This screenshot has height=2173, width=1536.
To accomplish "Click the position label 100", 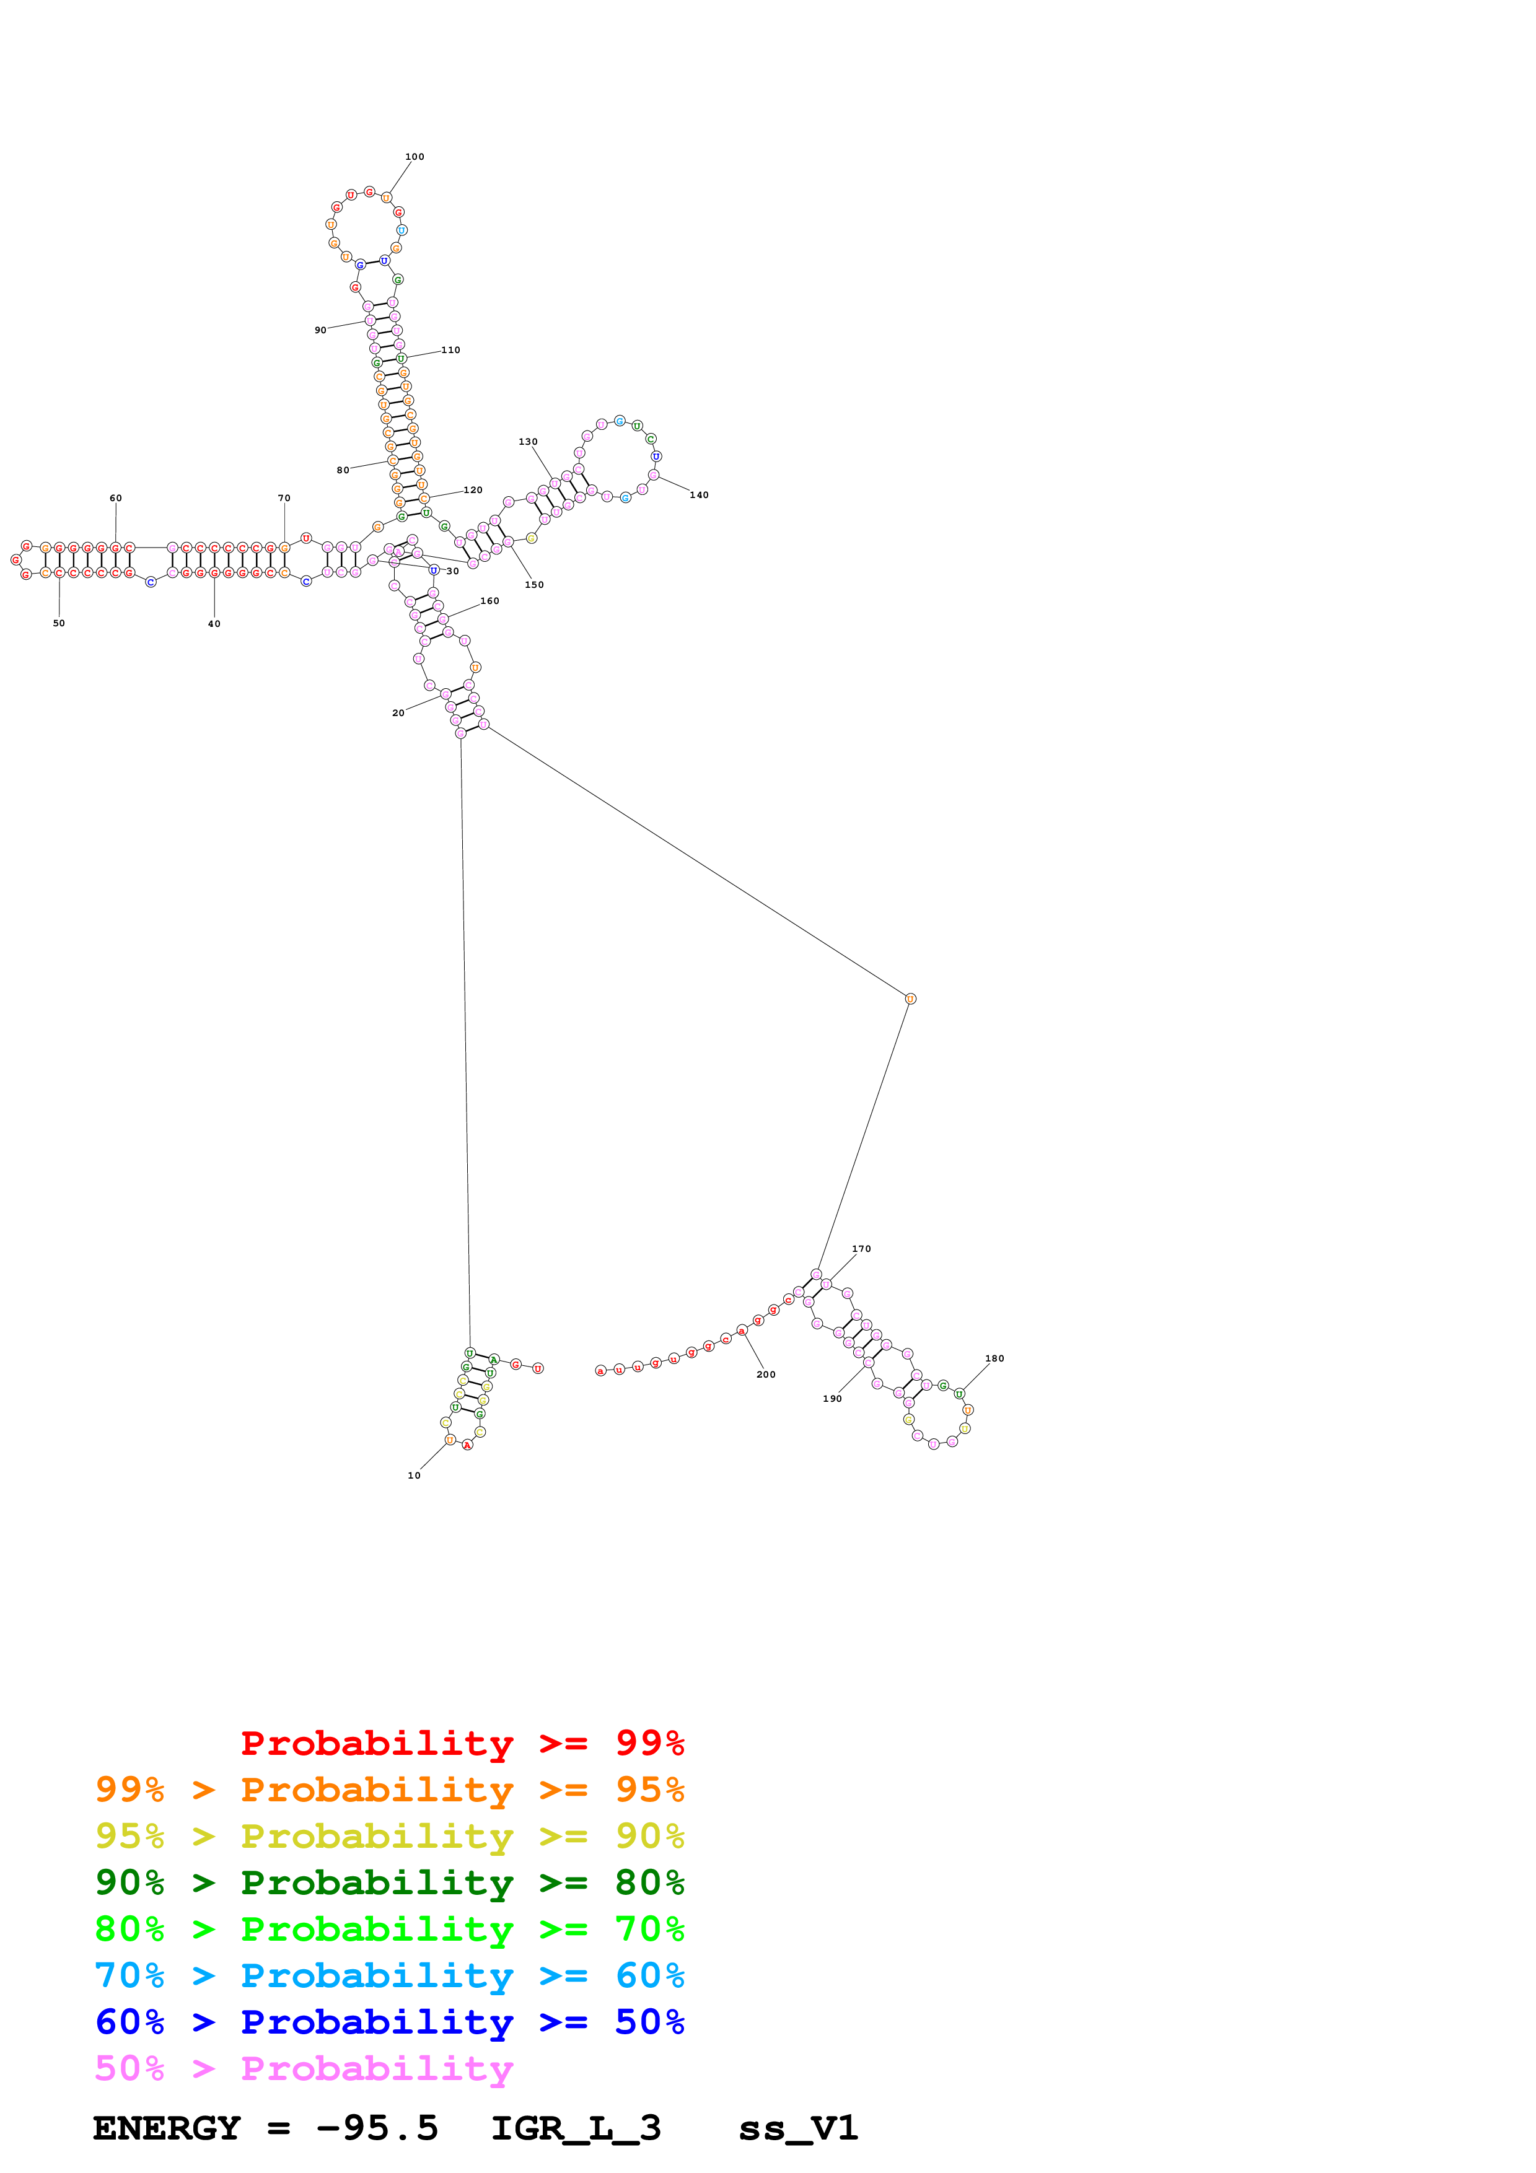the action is pyautogui.click(x=415, y=157).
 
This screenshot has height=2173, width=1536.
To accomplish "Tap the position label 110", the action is pyautogui.click(x=450, y=350).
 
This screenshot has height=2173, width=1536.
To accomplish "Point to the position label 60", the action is pyautogui.click(x=115, y=498).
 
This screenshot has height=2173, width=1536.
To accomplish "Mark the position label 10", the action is pyautogui.click(x=413, y=1476).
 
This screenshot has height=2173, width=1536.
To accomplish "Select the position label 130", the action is pyautogui.click(x=528, y=442).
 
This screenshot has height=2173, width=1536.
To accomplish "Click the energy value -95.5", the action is pyautogui.click(x=377, y=2128).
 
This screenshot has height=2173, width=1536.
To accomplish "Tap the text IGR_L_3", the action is pyautogui.click(x=576, y=2128).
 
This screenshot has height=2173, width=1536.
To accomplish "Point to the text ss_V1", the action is pyautogui.click(x=798, y=2128).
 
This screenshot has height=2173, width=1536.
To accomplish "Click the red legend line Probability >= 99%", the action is pyautogui.click(x=462, y=1742).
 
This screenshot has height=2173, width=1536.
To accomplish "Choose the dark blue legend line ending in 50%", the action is pyautogui.click(x=389, y=2022).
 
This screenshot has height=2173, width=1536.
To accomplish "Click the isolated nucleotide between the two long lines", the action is pyautogui.click(x=910, y=999).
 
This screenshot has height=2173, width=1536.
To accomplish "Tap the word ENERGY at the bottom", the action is pyautogui.click(x=167, y=2128).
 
